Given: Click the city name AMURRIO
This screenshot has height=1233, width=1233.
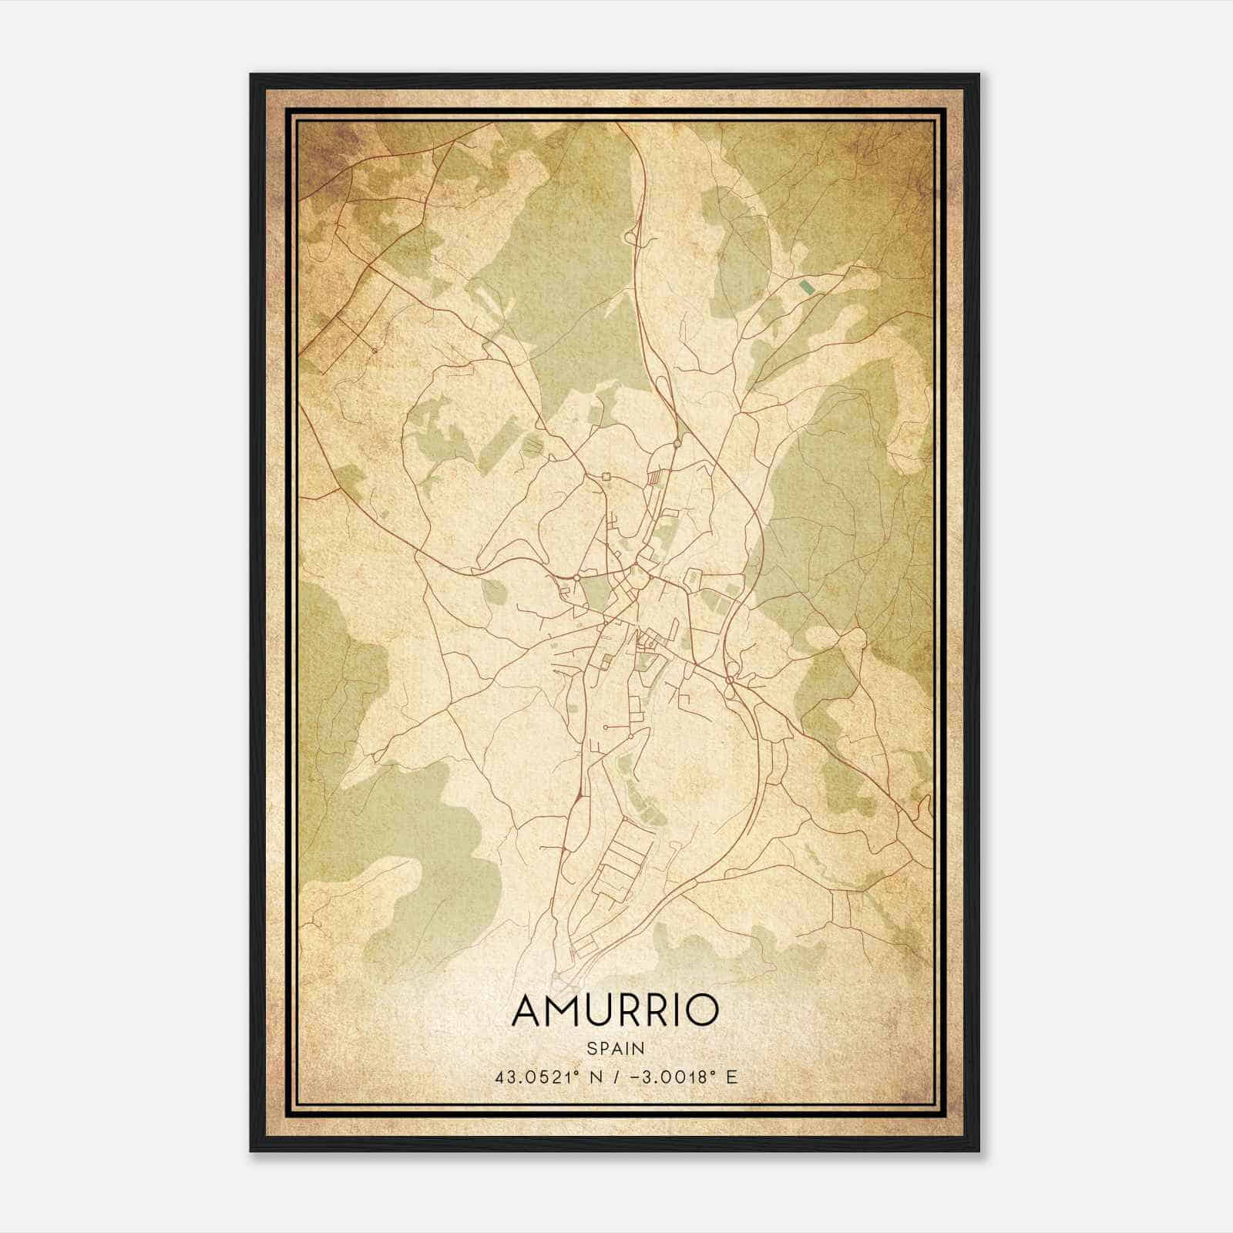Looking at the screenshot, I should point(615,1010).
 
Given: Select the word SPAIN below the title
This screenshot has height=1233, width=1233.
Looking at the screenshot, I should point(615,1048).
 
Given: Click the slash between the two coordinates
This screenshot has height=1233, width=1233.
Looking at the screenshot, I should point(610,1077).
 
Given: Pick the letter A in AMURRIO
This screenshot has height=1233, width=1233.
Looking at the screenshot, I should point(529,1010).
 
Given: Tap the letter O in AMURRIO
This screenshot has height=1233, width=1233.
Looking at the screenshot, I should point(700,1010).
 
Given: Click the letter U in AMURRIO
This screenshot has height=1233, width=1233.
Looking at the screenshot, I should point(607,1010).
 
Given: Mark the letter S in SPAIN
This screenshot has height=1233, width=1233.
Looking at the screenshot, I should point(591,1048).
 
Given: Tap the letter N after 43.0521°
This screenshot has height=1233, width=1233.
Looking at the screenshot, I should point(593,1077).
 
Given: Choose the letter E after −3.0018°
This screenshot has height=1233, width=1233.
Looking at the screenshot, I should point(731,1077).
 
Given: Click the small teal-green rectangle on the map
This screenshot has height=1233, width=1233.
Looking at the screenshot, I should point(807,287).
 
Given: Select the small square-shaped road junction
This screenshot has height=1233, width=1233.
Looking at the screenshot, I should point(606,476).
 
